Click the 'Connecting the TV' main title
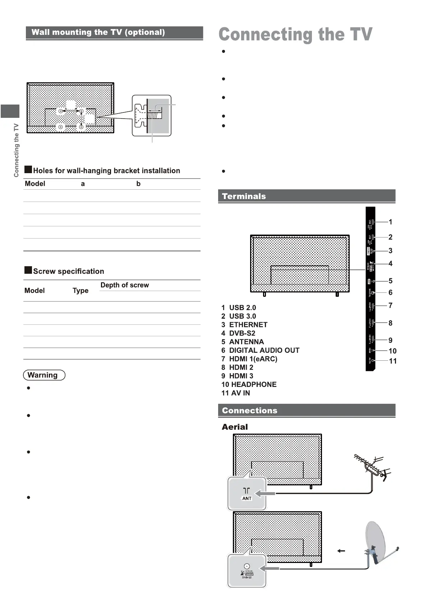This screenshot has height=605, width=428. point(295,35)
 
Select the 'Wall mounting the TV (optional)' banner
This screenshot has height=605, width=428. point(98,32)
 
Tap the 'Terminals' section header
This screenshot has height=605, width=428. point(244,196)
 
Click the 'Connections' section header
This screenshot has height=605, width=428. point(249,410)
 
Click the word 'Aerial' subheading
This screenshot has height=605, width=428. point(235,427)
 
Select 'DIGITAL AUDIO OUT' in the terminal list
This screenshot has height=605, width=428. point(264,350)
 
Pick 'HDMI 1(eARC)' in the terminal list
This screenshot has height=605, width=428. point(253,359)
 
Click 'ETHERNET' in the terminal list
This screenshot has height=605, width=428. point(248,325)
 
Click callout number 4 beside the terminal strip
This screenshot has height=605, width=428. point(391,264)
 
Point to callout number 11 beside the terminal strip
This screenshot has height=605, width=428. point(393,361)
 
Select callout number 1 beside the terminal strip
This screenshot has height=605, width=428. point(391,222)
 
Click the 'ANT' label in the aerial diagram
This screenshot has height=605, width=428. point(247,498)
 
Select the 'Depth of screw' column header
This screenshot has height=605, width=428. point(125,285)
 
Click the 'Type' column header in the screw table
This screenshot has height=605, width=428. point(80,291)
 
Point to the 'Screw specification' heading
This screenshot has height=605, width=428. point(68,271)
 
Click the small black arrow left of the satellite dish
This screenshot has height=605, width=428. point(341,550)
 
